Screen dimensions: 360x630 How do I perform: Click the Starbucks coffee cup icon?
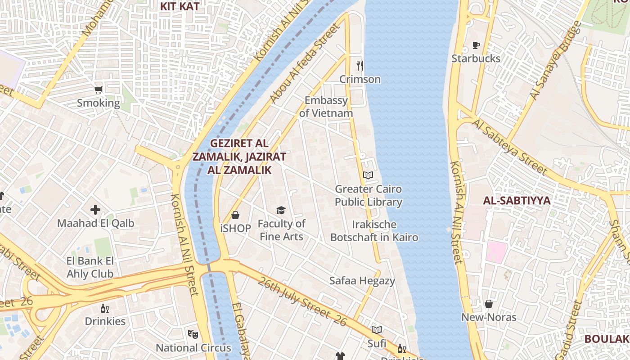[476, 45]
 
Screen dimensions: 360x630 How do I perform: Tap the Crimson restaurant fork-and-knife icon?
[360, 66]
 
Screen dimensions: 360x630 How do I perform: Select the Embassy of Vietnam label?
[326, 107]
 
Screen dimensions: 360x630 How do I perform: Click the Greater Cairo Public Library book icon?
[368, 175]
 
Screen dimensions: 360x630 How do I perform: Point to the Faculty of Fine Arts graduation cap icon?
[281, 210]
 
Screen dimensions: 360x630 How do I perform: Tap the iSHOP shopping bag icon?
[235, 215]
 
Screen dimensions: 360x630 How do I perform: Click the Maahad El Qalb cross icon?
[95, 209]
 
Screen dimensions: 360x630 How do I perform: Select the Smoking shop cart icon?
[99, 90]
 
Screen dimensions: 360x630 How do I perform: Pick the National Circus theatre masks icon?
[193, 334]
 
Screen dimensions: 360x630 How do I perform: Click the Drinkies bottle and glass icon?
[105, 308]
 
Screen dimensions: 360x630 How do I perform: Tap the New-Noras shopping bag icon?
[489, 304]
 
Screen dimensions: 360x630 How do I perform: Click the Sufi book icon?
[377, 330]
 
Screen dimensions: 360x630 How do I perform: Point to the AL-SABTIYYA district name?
[517, 201]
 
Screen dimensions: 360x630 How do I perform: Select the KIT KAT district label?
[180, 6]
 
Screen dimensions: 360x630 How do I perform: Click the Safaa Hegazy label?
[362, 281]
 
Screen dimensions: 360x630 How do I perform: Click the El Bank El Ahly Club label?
[90, 267]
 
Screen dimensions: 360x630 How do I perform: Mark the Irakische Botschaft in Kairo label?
[374, 231]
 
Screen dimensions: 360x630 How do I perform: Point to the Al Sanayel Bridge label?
[555, 61]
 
